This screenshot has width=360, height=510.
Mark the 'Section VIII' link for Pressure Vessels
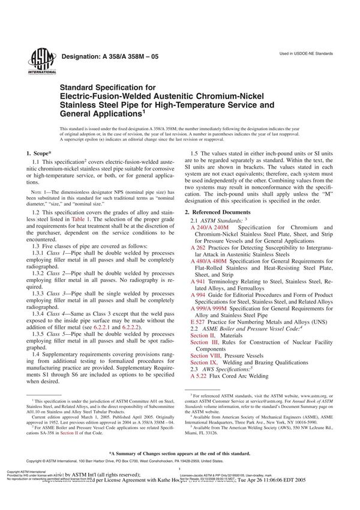[x=204, y=356]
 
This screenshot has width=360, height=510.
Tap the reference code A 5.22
[x=199, y=377]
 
